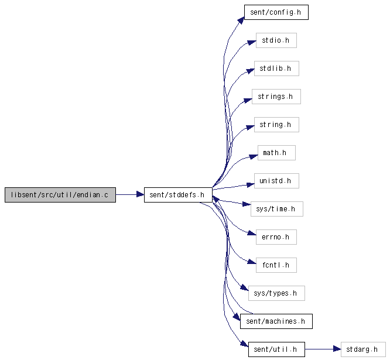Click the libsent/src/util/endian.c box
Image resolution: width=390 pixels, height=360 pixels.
tap(60, 195)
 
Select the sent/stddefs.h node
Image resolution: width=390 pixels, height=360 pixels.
tap(178, 195)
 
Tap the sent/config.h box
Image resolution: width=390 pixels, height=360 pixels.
tap(276, 12)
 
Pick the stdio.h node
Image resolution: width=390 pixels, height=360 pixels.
tap(276, 40)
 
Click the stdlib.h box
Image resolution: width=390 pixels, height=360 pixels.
tap(276, 68)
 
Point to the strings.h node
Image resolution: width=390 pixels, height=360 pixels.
tap(276, 97)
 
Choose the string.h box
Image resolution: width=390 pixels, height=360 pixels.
tap(276, 125)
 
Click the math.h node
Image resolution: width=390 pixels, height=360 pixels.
tap(276, 153)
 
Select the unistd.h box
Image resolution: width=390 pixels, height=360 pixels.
tap(276, 181)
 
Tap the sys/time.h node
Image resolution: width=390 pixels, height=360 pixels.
tap(276, 209)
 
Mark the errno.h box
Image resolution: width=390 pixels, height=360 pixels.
tap(276, 237)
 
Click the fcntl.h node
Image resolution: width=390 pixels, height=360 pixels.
tap(276, 265)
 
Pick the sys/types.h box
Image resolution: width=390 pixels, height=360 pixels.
tap(276, 293)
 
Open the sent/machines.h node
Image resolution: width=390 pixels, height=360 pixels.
tap(276, 321)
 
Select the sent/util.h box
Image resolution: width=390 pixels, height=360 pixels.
tap(276, 349)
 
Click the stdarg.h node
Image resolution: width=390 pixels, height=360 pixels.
tap(363, 349)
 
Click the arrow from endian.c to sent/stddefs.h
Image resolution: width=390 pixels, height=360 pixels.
tap(130, 194)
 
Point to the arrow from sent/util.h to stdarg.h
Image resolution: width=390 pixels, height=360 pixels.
tap(323, 349)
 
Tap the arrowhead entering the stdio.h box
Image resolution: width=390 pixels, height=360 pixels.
tap(251, 43)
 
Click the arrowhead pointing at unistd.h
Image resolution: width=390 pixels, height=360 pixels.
tap(250, 184)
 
